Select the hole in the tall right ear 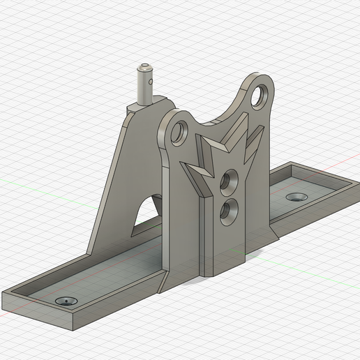261,94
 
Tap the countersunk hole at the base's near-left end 67,301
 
